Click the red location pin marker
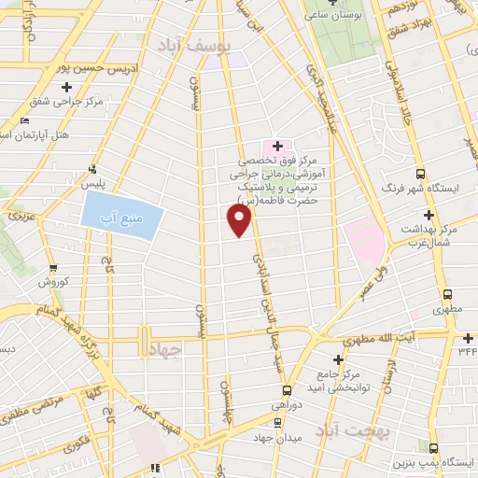click(x=240, y=220)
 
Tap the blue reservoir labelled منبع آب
click(x=123, y=218)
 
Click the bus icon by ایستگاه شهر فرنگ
click(x=420, y=173)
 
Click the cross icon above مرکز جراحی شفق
click(x=66, y=87)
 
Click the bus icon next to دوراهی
click(x=286, y=391)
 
